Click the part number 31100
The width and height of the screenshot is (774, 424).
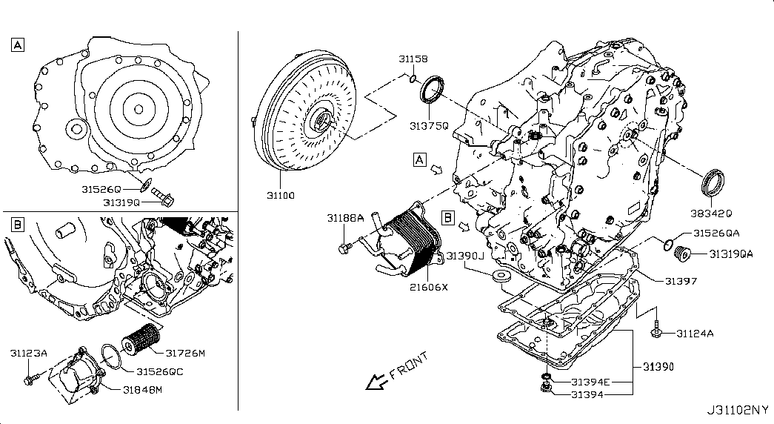click(x=281, y=196)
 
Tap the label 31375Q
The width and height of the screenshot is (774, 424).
click(x=429, y=126)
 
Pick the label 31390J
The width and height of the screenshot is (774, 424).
click(x=464, y=256)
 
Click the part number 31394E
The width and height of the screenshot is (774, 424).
click(x=590, y=382)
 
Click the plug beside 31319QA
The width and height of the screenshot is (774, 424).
click(x=680, y=257)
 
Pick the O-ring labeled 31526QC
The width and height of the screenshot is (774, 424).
click(x=109, y=357)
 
